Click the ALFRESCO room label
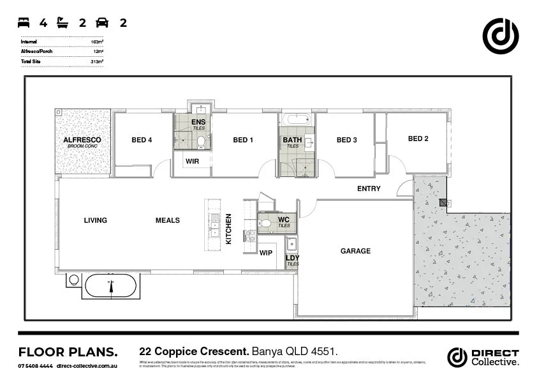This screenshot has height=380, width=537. pyautogui.click(x=82, y=139)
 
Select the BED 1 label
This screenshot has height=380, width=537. pyautogui.click(x=243, y=140)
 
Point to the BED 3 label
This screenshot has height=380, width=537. pyautogui.click(x=346, y=140)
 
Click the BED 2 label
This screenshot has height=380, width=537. pyautogui.click(x=418, y=139)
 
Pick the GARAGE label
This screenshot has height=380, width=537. pyautogui.click(x=355, y=251)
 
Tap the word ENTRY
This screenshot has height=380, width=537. pyautogui.click(x=369, y=188)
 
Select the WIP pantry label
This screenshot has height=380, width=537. pyautogui.click(x=266, y=253)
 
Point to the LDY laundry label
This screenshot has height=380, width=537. pyautogui.click(x=292, y=258)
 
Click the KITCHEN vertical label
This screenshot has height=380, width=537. pyautogui.click(x=228, y=229)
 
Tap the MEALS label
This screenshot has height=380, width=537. pyautogui.click(x=168, y=220)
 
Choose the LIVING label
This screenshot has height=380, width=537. pyautogui.click(x=95, y=220)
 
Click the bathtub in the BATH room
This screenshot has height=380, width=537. pyautogui.click(x=297, y=119)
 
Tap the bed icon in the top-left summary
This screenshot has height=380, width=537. pyautogui.click(x=24, y=23)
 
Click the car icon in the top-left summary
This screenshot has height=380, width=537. pyautogui.click(x=102, y=23)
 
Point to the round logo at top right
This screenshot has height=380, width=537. pyautogui.click(x=500, y=36)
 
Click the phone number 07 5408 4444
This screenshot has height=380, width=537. pyautogui.click(x=35, y=366)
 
